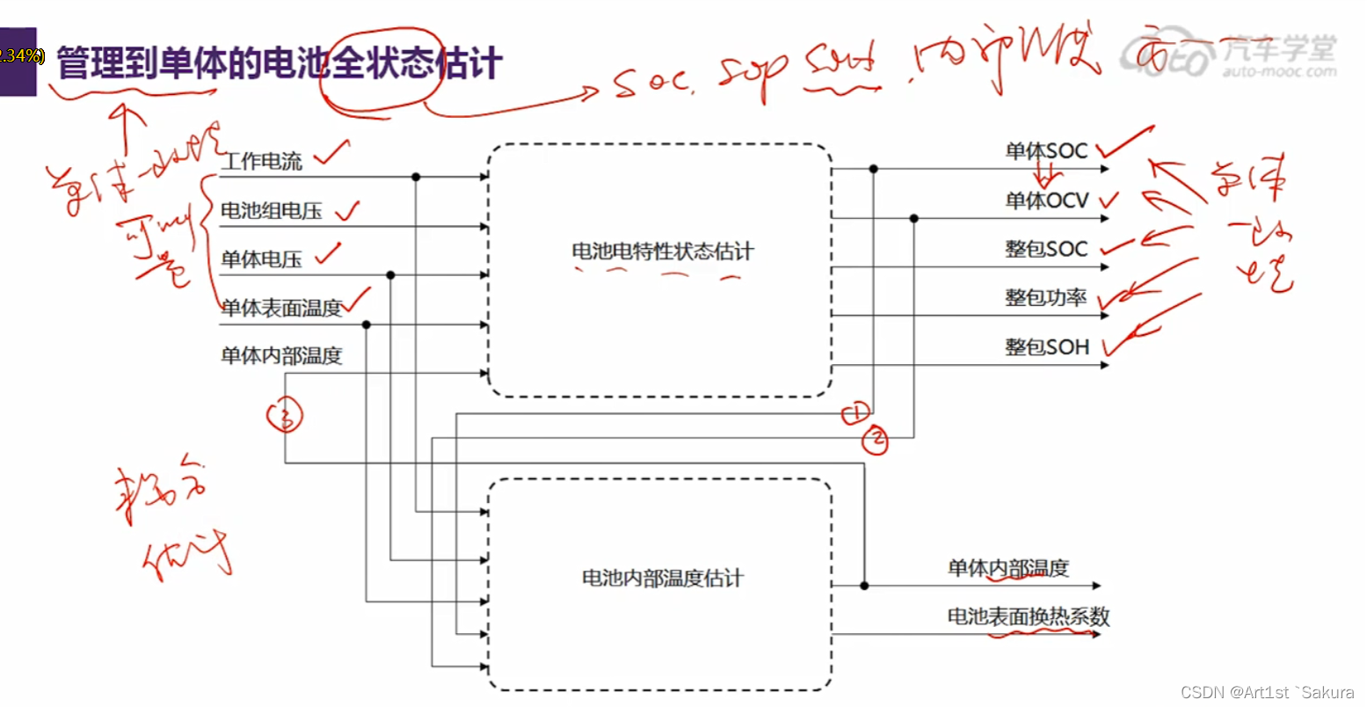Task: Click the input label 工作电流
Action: [x=261, y=161]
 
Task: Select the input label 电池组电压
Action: [x=271, y=211]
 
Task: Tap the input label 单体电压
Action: [x=261, y=259]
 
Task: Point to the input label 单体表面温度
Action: [x=280, y=308]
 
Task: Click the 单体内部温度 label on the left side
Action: [x=280, y=356]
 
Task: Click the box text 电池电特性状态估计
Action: [x=663, y=251]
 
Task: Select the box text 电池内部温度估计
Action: [x=662, y=578]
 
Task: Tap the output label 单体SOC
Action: [x=1046, y=151]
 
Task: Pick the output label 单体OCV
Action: [x=1046, y=200]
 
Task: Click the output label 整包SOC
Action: [x=1046, y=249]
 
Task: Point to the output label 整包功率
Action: [x=1045, y=298]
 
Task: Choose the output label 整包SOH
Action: [x=1046, y=347]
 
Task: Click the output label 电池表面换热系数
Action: [x=1028, y=616]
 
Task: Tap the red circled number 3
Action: [x=285, y=415]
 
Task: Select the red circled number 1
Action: [x=855, y=413]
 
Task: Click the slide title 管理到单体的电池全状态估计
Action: [x=279, y=64]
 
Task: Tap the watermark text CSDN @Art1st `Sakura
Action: [x=1267, y=692]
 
